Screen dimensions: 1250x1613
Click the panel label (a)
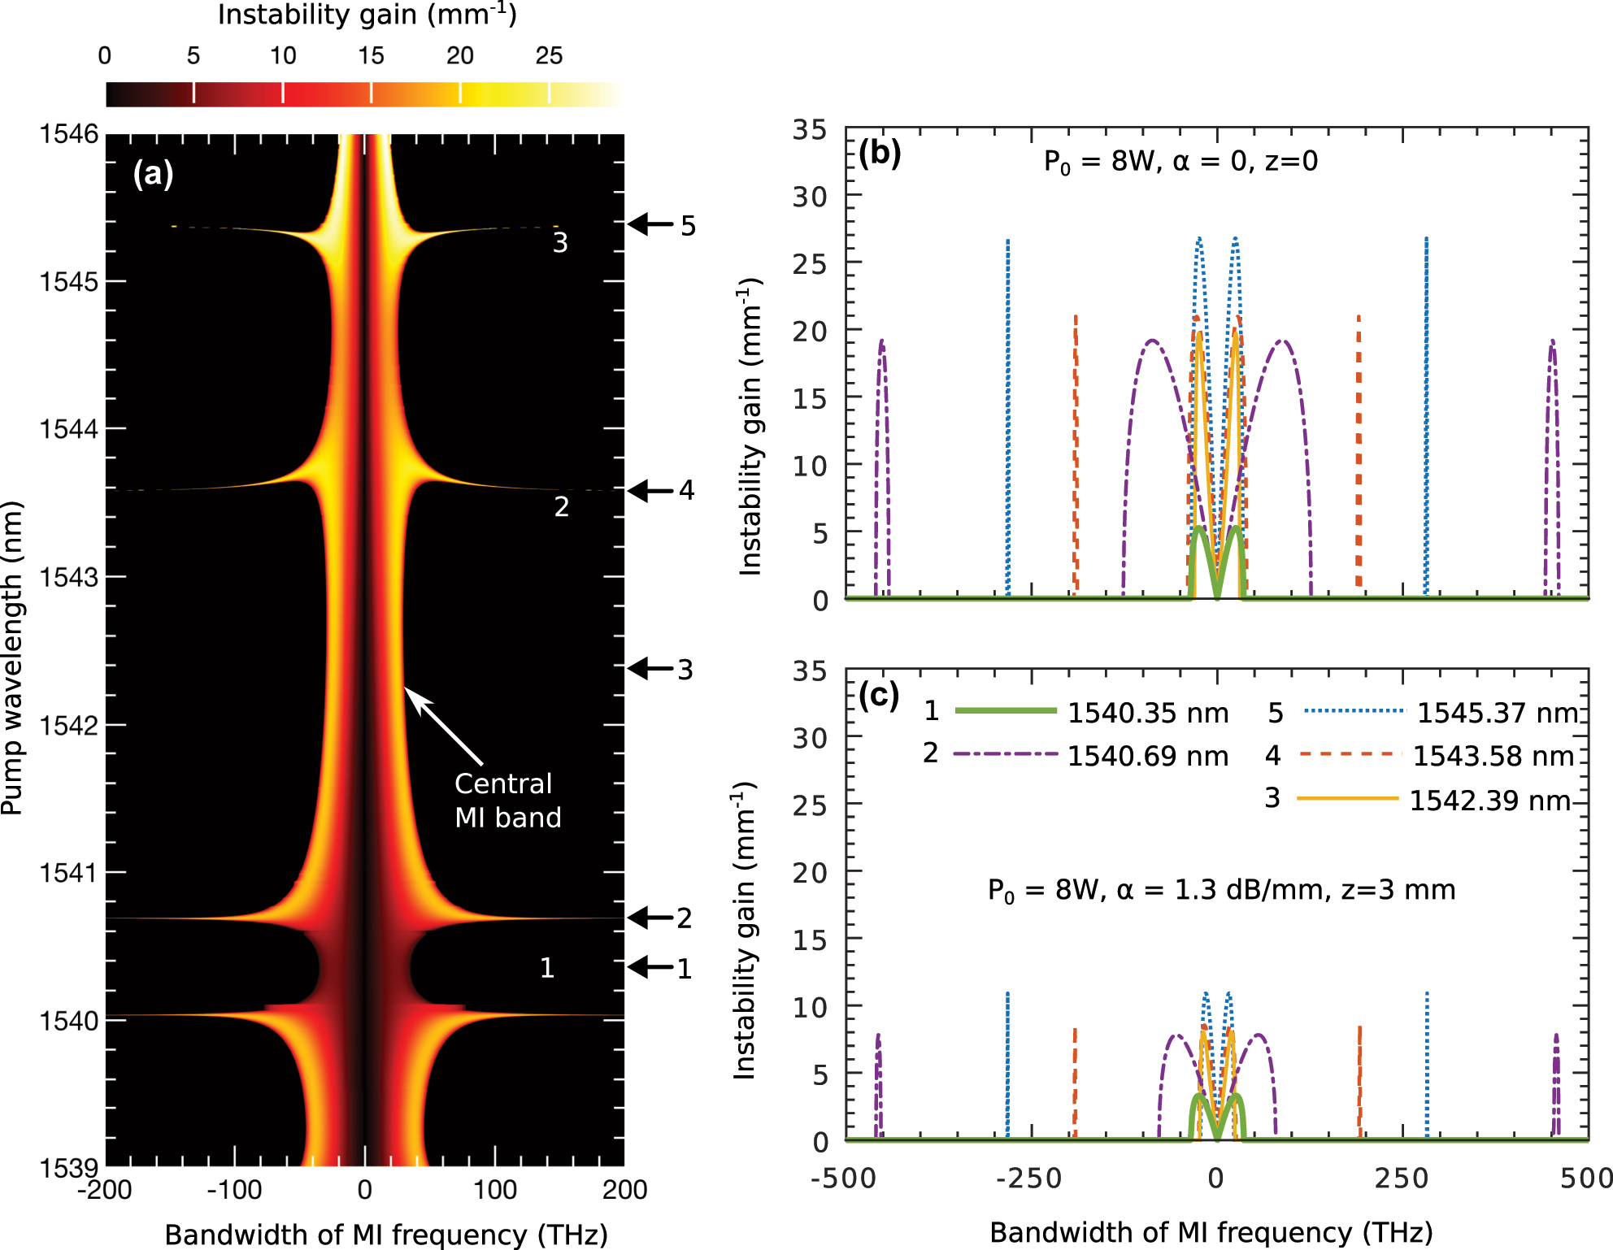[153, 174]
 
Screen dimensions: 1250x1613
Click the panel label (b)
[880, 154]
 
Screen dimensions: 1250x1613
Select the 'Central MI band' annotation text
[507, 801]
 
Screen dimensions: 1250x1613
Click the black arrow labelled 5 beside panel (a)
[650, 224]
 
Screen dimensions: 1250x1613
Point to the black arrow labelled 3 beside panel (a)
[650, 669]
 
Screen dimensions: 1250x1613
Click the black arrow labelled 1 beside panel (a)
[650, 967]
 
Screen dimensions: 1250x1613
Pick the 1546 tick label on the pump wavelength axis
[69, 133]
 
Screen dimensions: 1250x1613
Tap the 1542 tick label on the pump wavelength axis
[69, 725]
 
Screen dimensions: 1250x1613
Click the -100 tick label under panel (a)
[234, 1191]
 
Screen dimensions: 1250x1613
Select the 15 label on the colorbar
[371, 56]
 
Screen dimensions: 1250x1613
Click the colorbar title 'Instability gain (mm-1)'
[367, 15]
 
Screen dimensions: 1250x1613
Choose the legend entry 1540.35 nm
[1147, 714]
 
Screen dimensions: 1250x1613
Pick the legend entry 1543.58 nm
[1493, 757]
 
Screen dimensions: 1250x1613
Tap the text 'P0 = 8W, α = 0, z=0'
[1180, 162]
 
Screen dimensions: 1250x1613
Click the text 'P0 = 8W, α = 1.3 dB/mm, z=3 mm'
[1221, 891]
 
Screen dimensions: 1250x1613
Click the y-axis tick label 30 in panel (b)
[810, 197]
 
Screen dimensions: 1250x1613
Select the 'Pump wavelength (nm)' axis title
[12, 658]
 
